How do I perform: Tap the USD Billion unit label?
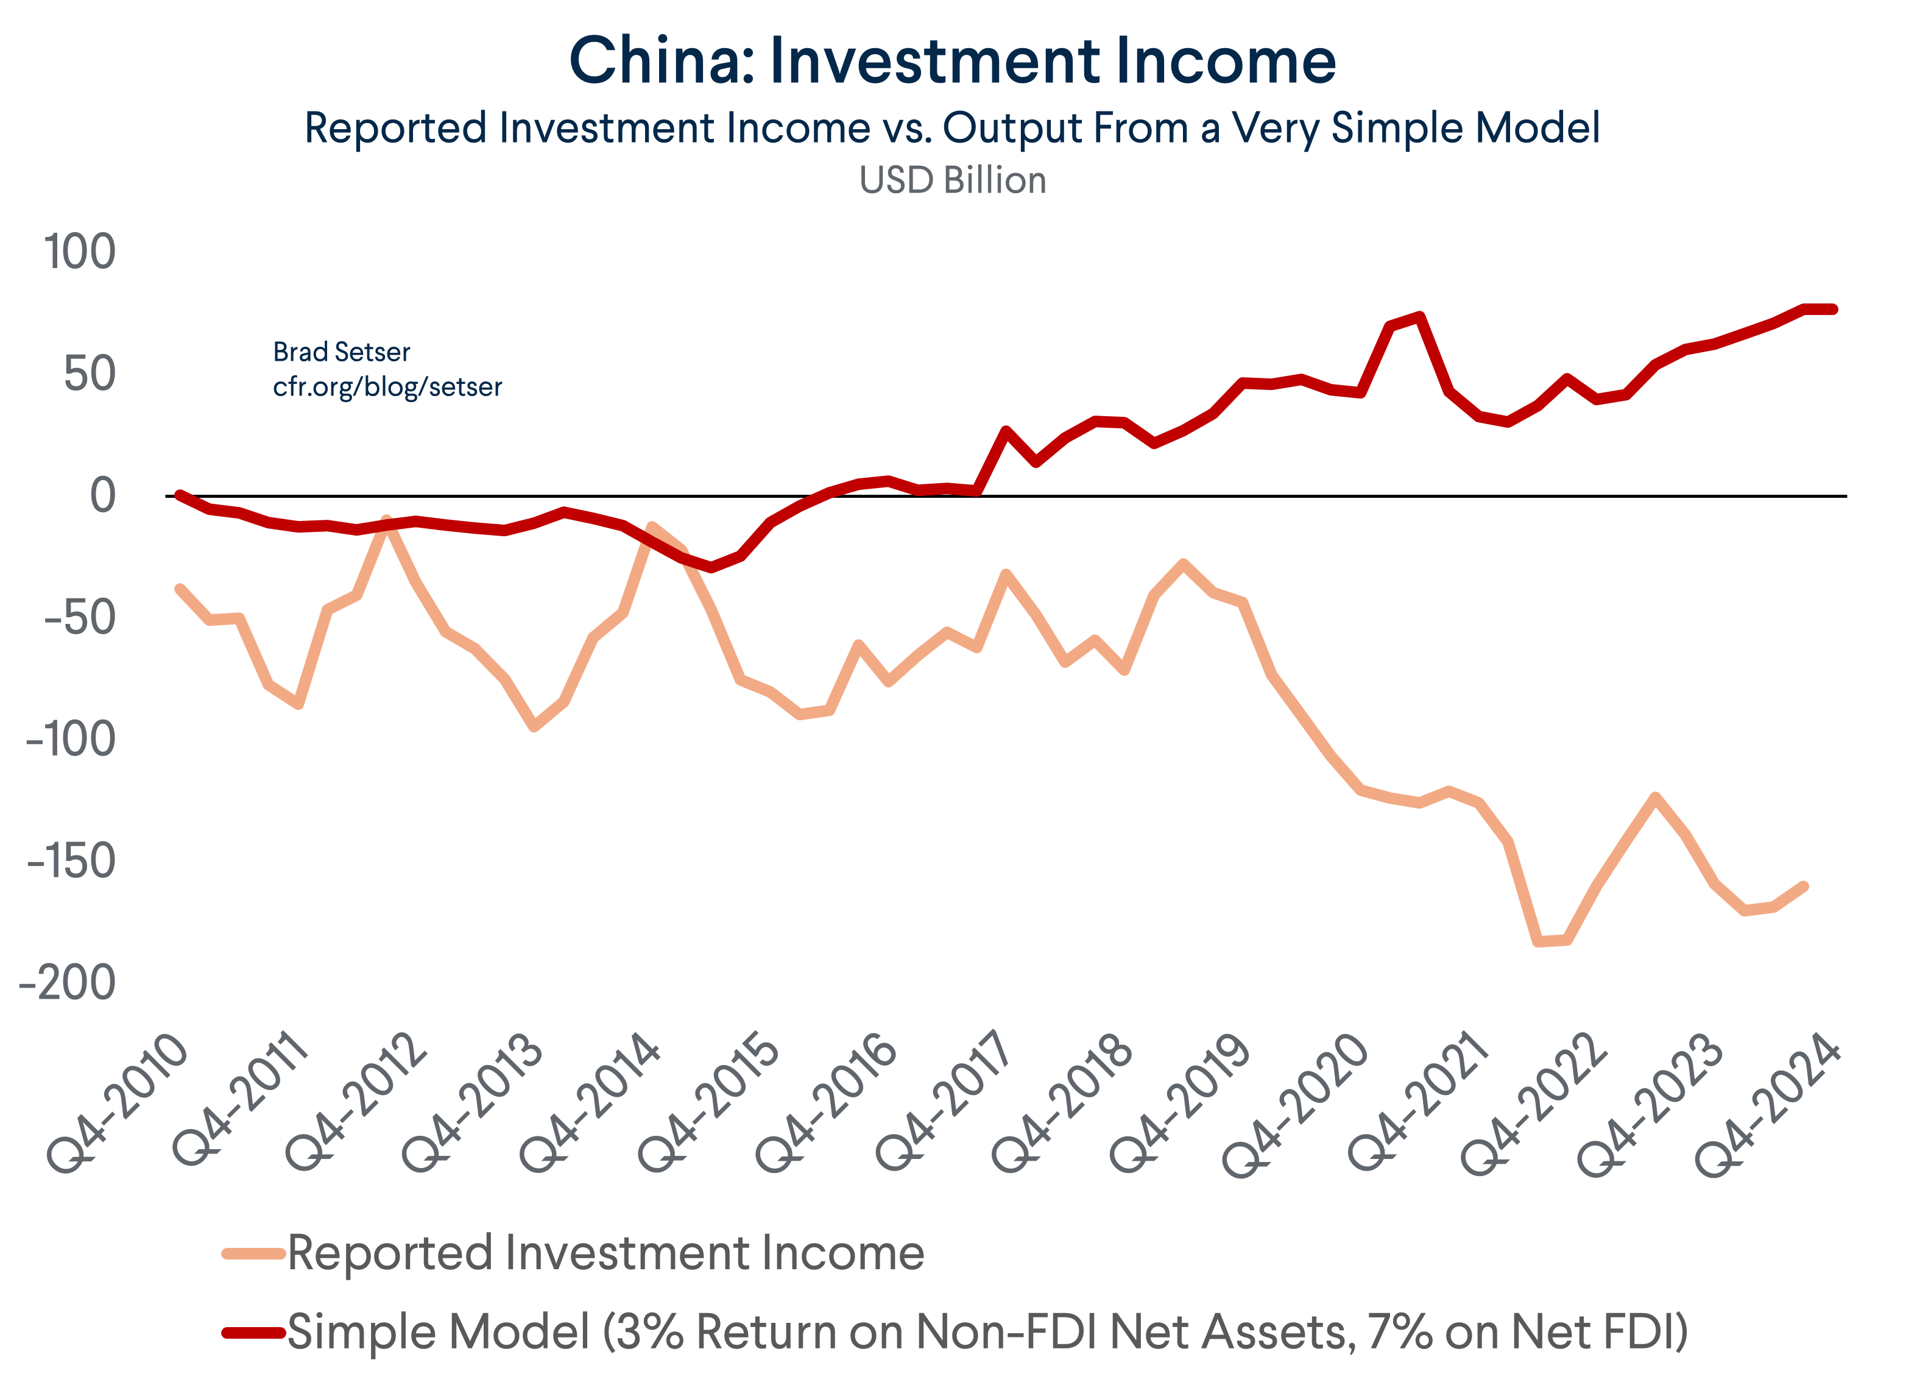pos(952,181)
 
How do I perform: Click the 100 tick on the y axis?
pos(80,252)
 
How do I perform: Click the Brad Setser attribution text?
pos(341,352)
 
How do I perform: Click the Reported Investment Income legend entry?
pos(605,1253)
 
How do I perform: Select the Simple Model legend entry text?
pos(987,1332)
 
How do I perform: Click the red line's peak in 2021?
pos(1419,317)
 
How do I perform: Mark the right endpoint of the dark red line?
pos(1833,310)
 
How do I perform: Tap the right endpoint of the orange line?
pos(1804,887)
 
